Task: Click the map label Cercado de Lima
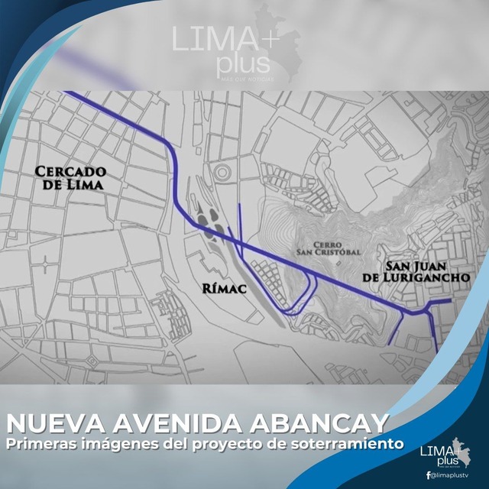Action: point(70,178)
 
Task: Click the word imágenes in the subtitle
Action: point(129,443)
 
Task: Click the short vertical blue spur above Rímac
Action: point(240,222)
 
